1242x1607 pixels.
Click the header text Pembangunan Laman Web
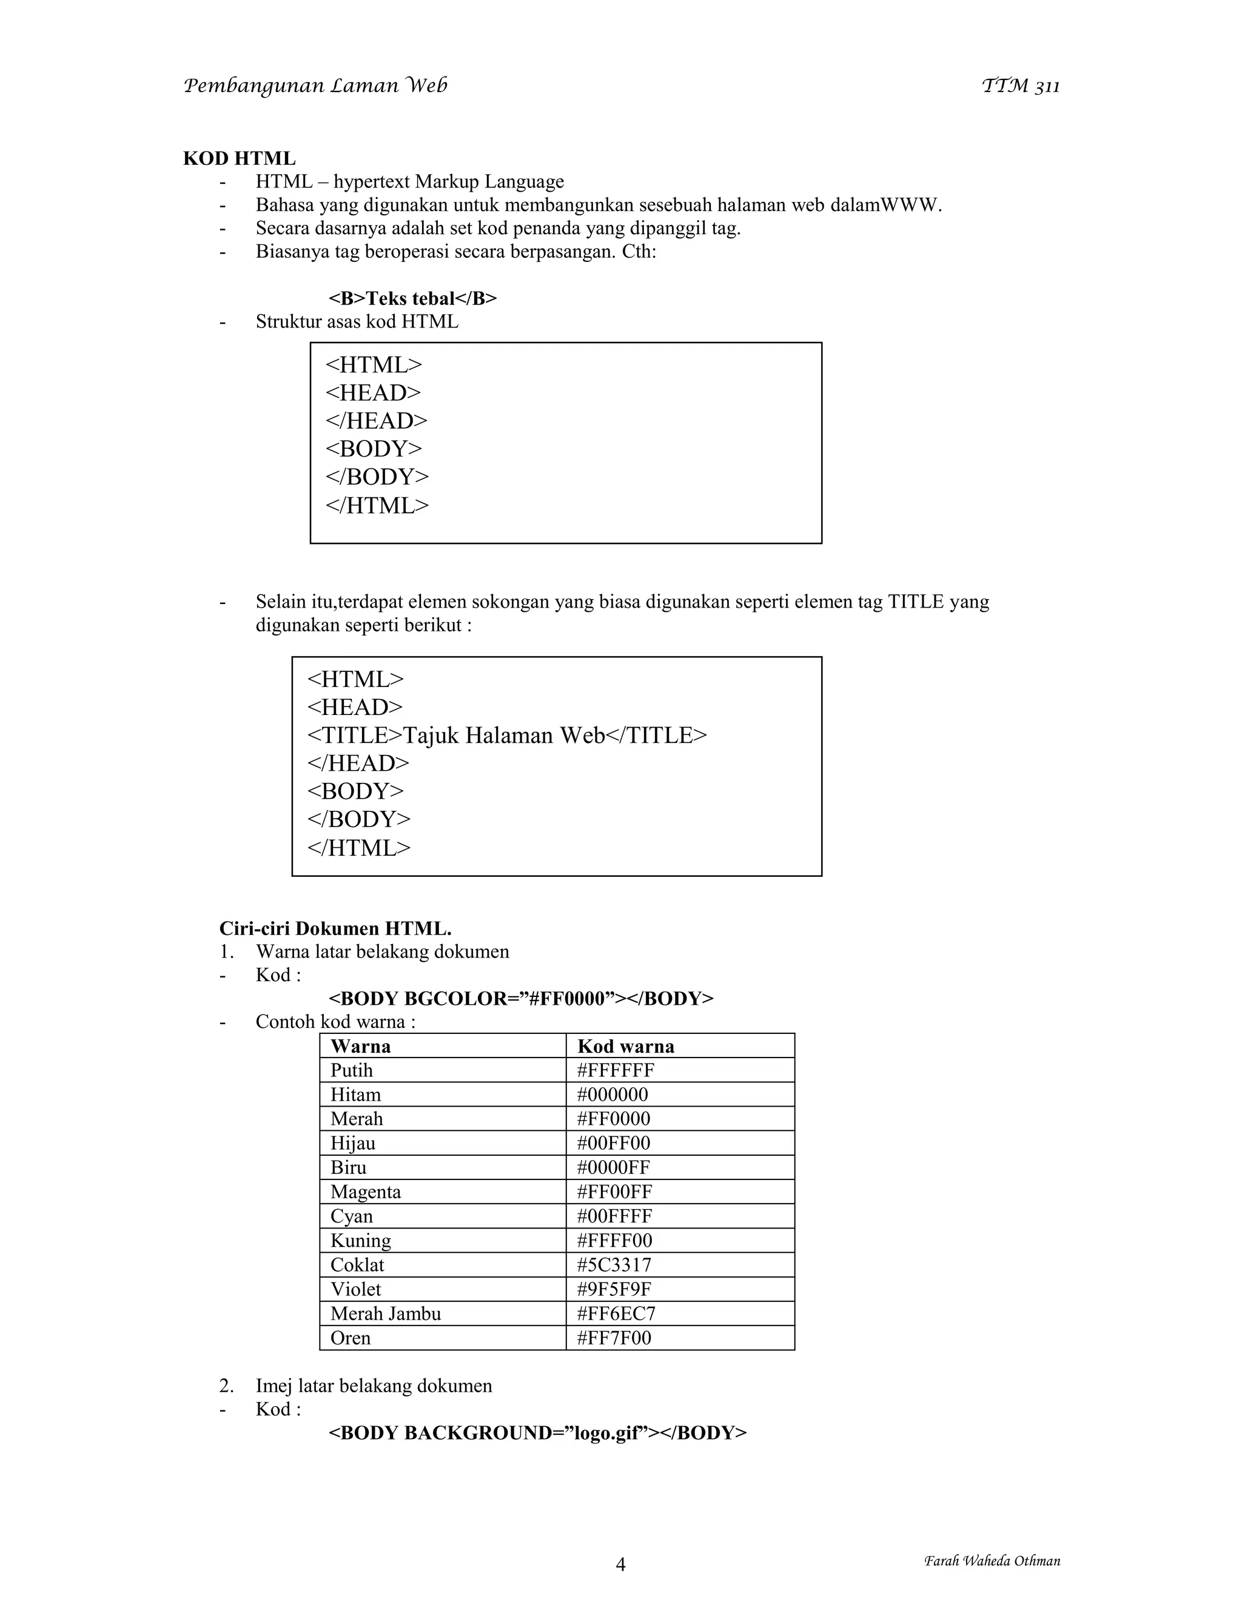point(315,86)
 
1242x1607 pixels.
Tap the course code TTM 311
point(1021,87)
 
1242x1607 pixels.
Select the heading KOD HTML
point(239,158)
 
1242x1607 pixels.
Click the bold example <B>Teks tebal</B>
point(412,298)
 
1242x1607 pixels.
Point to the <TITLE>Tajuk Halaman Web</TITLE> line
point(506,735)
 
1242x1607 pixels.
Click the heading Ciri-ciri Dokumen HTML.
point(335,928)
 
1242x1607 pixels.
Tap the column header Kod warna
point(625,1045)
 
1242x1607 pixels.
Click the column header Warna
point(361,1045)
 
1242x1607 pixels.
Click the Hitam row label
point(355,1094)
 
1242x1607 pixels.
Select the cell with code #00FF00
point(613,1142)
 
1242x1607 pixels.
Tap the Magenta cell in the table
point(366,1191)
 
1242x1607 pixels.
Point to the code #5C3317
point(614,1264)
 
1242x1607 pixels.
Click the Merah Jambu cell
point(386,1313)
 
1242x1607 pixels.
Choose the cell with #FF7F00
point(614,1337)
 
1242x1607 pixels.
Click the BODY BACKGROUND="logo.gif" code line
point(537,1432)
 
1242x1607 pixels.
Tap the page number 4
point(620,1563)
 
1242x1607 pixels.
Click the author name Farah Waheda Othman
point(992,1561)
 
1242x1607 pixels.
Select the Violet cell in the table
point(355,1289)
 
